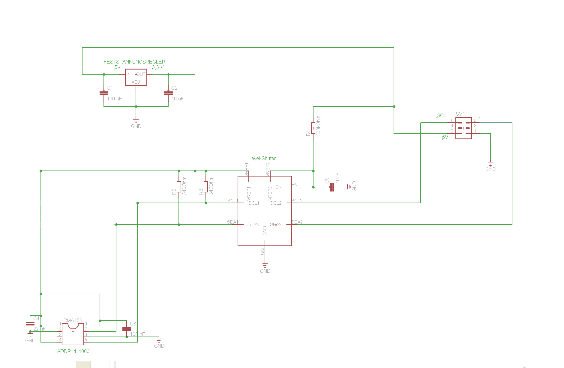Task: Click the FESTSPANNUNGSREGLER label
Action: pos(134,62)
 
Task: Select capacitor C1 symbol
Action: pos(104,93)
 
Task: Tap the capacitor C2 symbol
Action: pos(168,93)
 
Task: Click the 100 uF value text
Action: pos(114,99)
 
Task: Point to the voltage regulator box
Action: pos(136,77)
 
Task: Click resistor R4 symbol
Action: pos(313,128)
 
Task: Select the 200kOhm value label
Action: pos(319,126)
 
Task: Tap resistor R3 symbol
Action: pos(179,187)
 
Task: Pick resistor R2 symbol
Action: pos(206,187)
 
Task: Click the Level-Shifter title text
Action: pos(262,158)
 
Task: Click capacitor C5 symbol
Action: pos(332,187)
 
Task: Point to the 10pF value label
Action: pos(338,178)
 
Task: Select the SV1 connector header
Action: pos(463,128)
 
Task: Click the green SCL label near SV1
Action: pos(441,115)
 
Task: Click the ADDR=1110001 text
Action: pos(74,351)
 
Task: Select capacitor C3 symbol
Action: pos(127,329)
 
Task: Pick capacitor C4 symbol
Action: pos(30,323)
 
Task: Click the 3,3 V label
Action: pos(158,67)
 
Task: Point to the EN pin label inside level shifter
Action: pos(278,187)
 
